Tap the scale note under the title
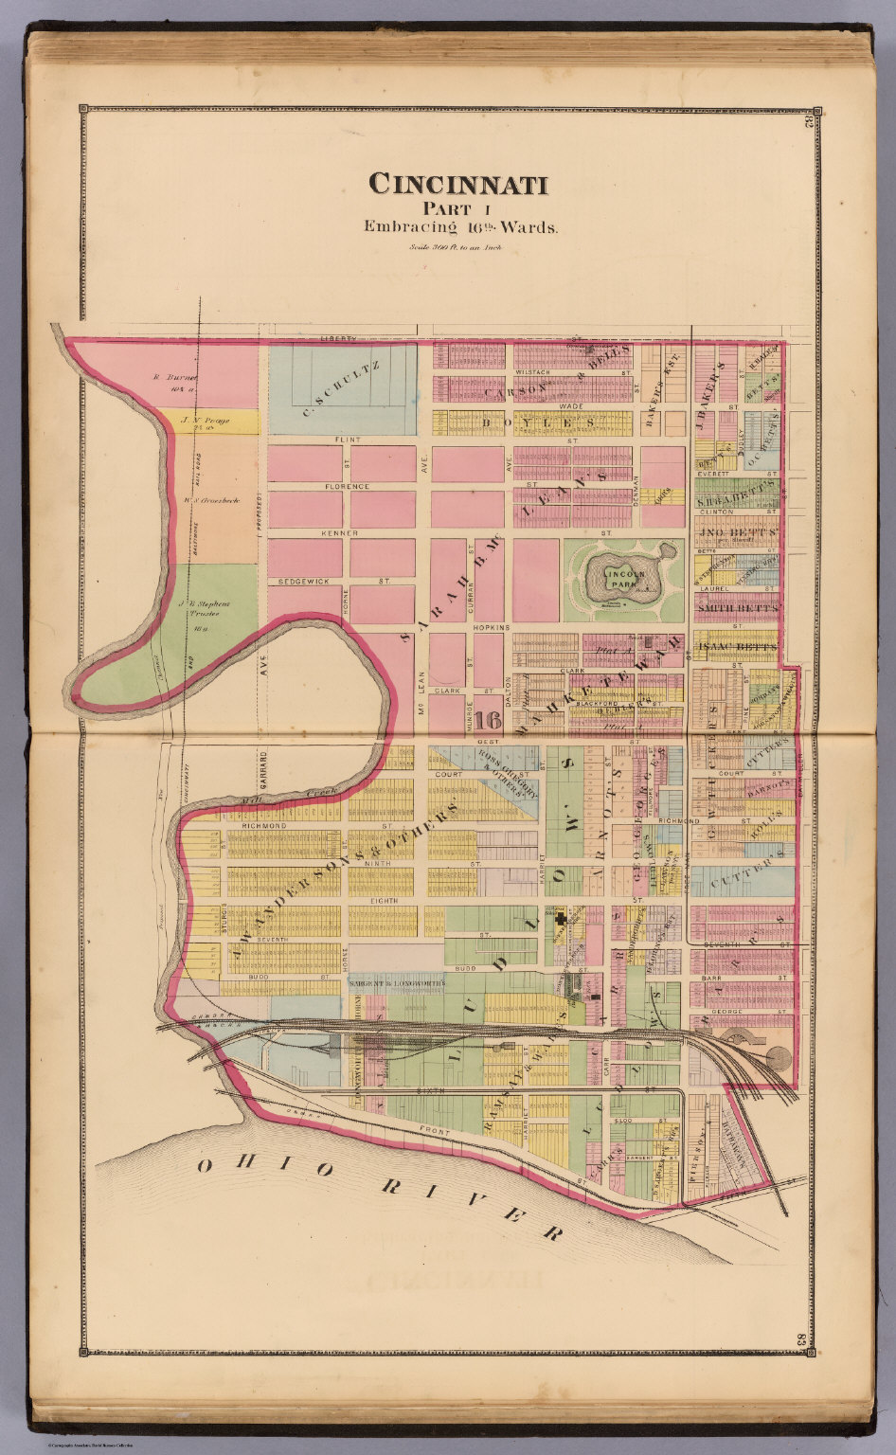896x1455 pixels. (456, 248)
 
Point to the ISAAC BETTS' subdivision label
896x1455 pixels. (737, 648)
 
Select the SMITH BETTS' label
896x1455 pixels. (738, 607)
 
